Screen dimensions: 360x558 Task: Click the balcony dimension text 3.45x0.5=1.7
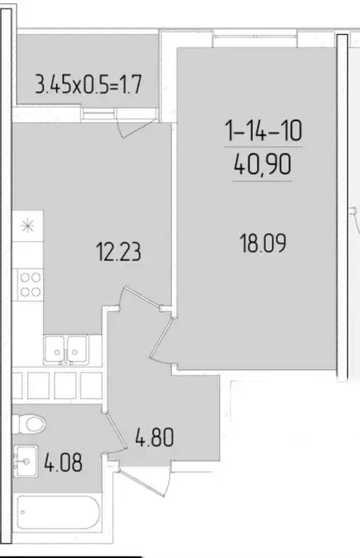(x=88, y=84)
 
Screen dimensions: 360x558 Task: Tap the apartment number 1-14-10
(x=264, y=130)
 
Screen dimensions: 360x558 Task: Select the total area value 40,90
(x=263, y=164)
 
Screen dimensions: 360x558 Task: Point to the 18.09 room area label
(x=263, y=243)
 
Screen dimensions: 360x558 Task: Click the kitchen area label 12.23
(x=119, y=252)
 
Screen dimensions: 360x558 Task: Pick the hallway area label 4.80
(x=155, y=438)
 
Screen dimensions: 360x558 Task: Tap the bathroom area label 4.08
(x=64, y=462)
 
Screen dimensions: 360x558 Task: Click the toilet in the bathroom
(x=29, y=424)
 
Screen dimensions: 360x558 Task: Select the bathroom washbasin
(x=25, y=462)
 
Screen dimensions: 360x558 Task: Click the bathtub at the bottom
(x=58, y=513)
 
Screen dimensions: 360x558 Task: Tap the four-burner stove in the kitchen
(x=30, y=285)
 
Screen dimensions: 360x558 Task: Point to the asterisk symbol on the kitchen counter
(x=27, y=226)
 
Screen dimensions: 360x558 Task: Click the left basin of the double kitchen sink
(x=54, y=349)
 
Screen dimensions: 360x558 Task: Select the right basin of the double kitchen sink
(x=77, y=349)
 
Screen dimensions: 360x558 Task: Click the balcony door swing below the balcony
(x=135, y=128)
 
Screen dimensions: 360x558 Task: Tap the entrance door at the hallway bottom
(x=144, y=482)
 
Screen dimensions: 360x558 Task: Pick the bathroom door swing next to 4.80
(x=115, y=432)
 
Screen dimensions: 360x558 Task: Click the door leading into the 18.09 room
(x=162, y=340)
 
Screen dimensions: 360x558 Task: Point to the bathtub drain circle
(x=23, y=513)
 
